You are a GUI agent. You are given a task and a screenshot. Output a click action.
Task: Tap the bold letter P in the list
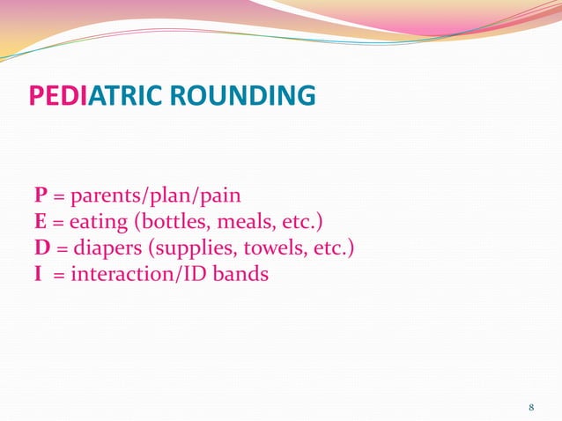[41, 195]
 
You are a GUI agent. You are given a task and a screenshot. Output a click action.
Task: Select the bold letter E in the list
[41, 221]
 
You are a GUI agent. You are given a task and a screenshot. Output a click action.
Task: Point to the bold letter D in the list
[41, 247]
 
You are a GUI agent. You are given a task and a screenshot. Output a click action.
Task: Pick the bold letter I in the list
[39, 274]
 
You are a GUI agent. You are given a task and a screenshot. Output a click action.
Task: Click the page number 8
[531, 407]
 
